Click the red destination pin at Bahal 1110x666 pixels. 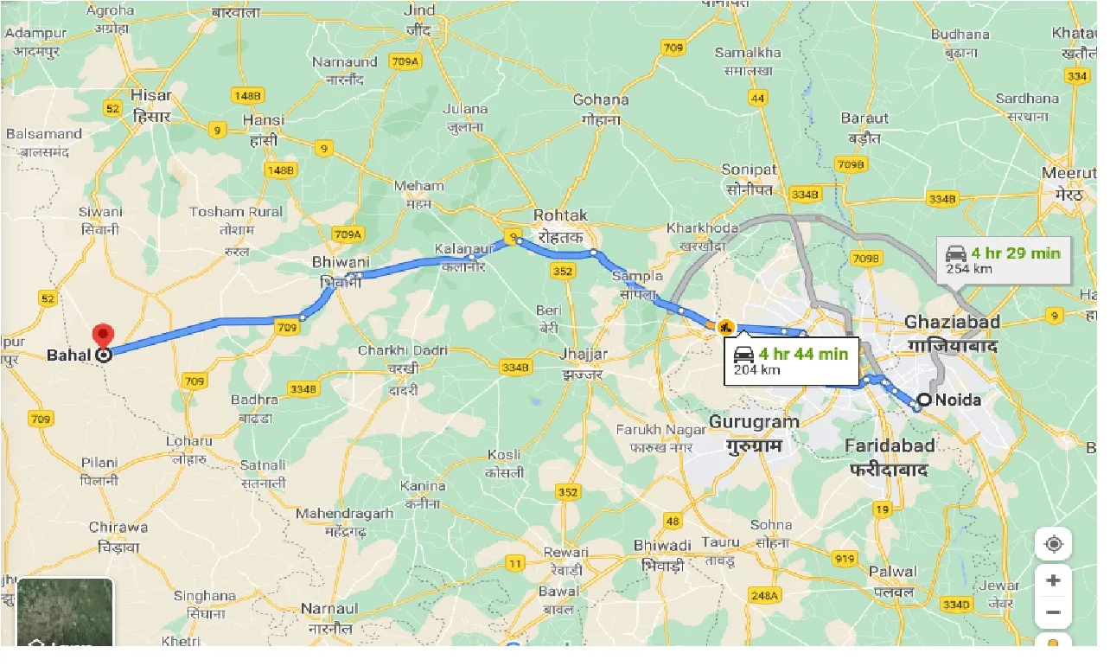coord(103,336)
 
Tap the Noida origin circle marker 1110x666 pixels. coord(924,400)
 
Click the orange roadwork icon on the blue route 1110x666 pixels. coord(724,327)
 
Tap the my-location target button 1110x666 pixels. coord(1053,545)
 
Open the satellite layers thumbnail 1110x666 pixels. coord(65,612)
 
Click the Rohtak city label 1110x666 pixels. coord(560,215)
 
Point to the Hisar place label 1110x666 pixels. coord(151,95)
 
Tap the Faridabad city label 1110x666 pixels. coord(890,445)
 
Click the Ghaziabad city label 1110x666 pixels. coord(952,322)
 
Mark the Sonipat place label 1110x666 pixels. coord(750,170)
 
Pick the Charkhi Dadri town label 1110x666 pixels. coord(403,350)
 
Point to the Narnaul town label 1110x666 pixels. coord(329,609)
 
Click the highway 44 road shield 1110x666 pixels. coord(758,98)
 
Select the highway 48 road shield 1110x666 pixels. coord(673,521)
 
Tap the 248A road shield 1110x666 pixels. coord(765,595)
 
